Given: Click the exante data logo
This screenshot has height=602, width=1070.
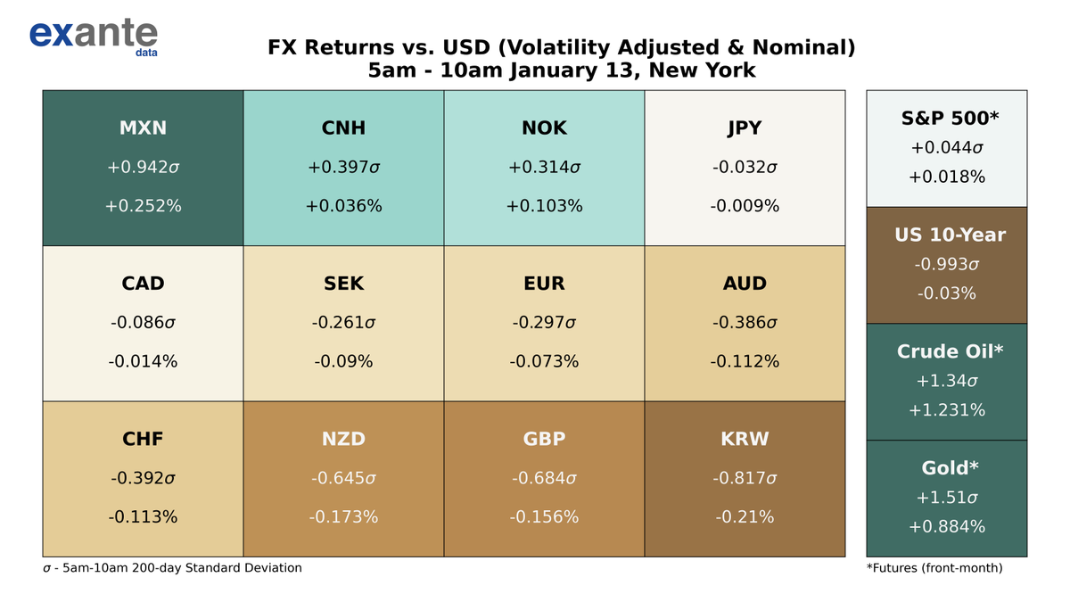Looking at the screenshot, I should pos(94,36).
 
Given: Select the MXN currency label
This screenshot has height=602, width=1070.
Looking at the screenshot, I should pos(143,128).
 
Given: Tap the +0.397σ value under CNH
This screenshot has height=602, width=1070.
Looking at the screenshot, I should pos(343,168).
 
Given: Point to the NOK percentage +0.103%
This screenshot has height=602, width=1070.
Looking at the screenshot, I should pos(544,206).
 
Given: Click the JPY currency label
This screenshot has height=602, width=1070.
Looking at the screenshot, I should pos(745,128).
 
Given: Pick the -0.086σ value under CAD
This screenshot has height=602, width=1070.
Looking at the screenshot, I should pos(143,323).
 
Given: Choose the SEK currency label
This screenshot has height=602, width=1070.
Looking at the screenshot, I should pos(343,284).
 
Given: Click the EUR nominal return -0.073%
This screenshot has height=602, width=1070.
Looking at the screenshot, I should pos(544,361).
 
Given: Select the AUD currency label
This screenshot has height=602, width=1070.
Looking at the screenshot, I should pos(745,284).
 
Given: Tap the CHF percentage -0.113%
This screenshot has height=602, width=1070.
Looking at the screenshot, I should pos(143,516).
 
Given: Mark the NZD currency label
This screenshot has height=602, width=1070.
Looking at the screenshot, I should pos(343,439).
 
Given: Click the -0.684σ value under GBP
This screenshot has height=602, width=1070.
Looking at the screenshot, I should pos(544,478).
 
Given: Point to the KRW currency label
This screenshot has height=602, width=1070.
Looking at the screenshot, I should pos(745,439).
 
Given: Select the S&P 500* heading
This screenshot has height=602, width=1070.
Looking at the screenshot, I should pos(946,119).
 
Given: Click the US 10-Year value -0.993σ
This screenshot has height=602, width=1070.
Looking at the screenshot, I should pos(946,265).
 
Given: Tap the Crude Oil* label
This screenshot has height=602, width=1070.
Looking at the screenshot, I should pos(946,351).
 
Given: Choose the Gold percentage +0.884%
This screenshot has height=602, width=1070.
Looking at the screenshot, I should pos(946,527).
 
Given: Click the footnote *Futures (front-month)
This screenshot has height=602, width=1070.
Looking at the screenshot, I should pos(934,568).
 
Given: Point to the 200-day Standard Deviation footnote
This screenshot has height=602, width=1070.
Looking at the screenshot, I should pos(173,568).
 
